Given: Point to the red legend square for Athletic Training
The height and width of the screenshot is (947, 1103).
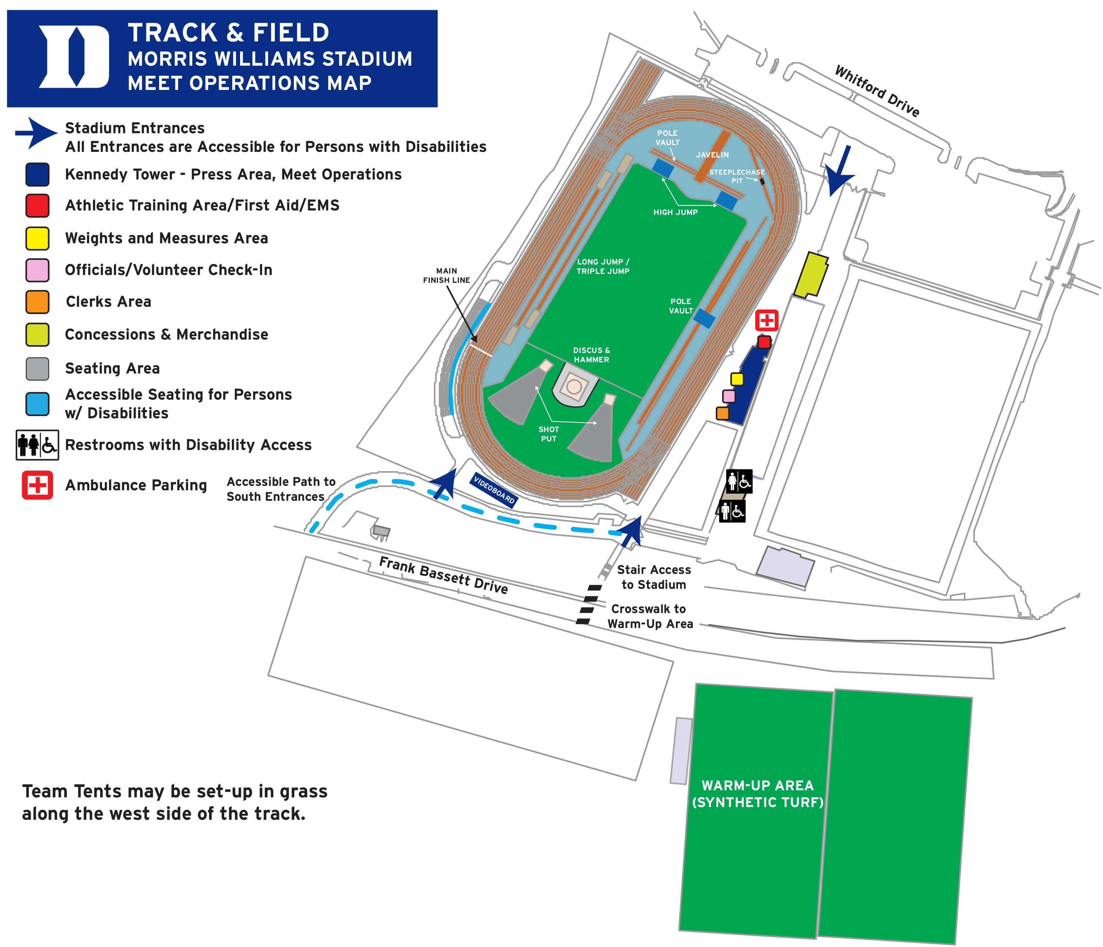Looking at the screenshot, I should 37,205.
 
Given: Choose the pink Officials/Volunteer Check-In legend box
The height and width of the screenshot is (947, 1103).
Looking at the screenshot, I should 37,270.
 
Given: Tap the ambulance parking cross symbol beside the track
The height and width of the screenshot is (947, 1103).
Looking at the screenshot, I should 767,320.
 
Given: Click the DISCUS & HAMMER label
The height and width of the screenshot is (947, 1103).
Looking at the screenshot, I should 591,355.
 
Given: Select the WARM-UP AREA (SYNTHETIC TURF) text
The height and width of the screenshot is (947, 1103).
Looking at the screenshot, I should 758,793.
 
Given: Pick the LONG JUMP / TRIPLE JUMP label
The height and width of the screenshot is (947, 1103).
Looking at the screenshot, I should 603,266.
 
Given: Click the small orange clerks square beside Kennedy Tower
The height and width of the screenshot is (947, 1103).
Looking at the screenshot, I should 723,413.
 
